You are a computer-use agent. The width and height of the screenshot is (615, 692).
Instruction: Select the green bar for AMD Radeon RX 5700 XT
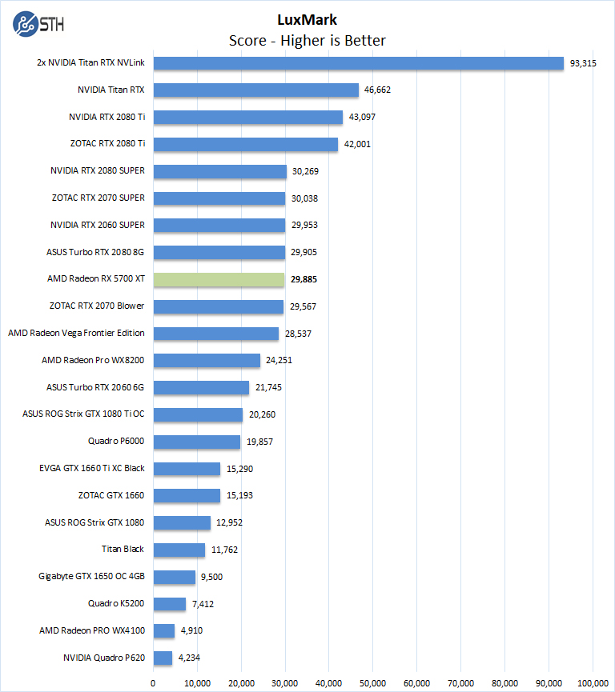pyautogui.click(x=219, y=279)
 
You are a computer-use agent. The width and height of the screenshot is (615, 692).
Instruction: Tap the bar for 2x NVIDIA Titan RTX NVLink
pyautogui.click(x=358, y=63)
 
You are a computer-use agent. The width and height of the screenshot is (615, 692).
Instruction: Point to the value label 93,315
pyautogui.click(x=583, y=63)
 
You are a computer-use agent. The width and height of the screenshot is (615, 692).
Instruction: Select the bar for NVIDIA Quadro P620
pyautogui.click(x=163, y=658)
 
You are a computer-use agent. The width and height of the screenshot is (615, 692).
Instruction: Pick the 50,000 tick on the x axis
pyautogui.click(x=373, y=682)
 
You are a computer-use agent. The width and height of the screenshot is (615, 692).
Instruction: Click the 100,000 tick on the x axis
pyautogui.click(x=593, y=682)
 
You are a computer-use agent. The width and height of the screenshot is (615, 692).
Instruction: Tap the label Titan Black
pyautogui.click(x=123, y=550)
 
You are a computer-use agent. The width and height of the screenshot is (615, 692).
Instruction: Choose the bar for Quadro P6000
pyautogui.click(x=197, y=442)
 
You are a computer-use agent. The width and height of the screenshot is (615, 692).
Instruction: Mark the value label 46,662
pyautogui.click(x=377, y=90)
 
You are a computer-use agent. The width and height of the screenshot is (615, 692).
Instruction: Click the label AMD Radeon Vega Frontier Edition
pyautogui.click(x=76, y=334)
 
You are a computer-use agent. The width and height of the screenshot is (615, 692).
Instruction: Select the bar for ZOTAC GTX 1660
pyautogui.click(x=187, y=496)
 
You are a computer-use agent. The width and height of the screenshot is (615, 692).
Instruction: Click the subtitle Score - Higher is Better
pyautogui.click(x=307, y=40)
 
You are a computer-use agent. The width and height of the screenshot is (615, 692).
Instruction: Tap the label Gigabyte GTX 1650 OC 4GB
pyautogui.click(x=91, y=577)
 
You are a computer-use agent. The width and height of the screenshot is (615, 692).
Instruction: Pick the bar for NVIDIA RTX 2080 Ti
pyautogui.click(x=248, y=117)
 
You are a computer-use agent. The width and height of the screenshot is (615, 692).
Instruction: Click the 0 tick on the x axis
pyautogui.click(x=154, y=682)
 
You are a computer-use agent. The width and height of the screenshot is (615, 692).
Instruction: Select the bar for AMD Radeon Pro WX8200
pyautogui.click(x=207, y=361)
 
